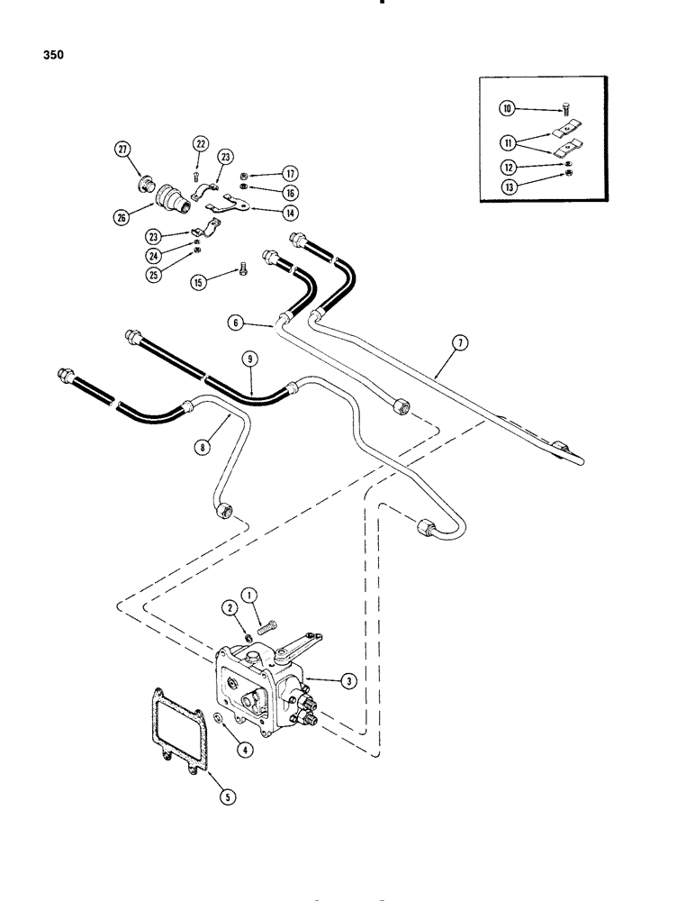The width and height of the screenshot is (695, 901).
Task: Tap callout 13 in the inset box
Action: tap(509, 187)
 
